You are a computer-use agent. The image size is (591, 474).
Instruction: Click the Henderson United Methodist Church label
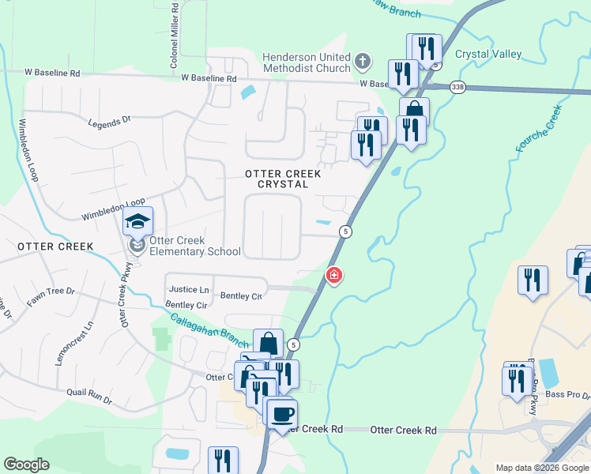[306, 63]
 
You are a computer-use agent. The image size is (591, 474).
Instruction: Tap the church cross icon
[363, 61]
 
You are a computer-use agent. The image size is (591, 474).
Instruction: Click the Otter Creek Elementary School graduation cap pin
[138, 223]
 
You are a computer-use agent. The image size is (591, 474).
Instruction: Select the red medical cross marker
[334, 276]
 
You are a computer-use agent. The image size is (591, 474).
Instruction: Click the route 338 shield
[457, 87]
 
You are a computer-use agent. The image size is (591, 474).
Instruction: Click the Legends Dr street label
[109, 122]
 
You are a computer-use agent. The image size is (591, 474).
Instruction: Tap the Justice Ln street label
[190, 290]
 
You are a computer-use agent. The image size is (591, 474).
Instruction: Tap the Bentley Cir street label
[186, 305]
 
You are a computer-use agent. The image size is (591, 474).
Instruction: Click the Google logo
[26, 465]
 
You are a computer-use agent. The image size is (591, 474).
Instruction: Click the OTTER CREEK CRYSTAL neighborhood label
[282, 179]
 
